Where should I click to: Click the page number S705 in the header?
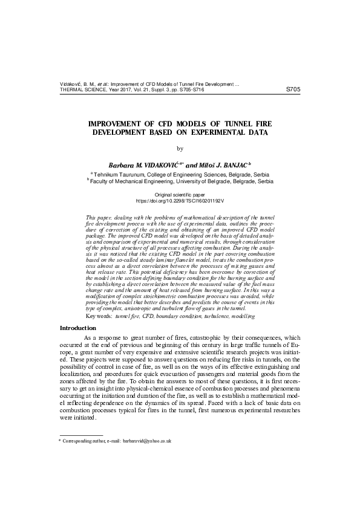pyautogui.click(x=292, y=89)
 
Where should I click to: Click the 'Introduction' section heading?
pyautogui.click(x=77, y=328)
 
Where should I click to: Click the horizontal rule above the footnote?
pyautogui.click(x=80, y=435)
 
